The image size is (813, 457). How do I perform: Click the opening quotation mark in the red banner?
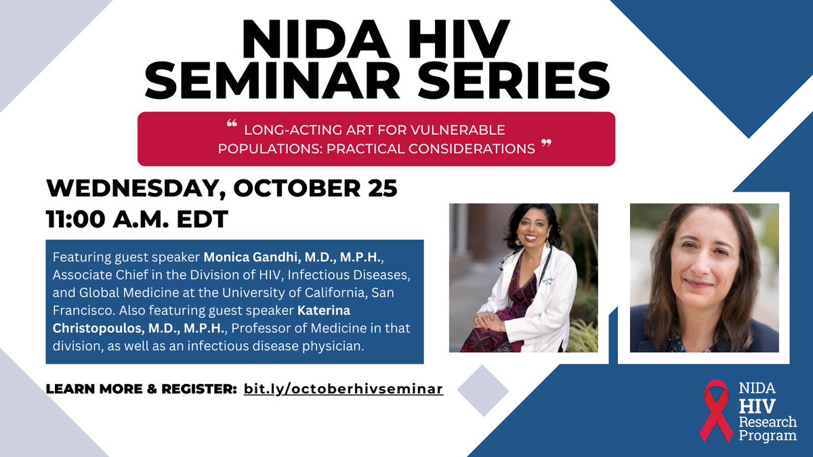click(232, 125)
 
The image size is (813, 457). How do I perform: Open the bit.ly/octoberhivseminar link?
click(343, 389)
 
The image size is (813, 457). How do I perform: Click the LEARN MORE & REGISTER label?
click(141, 390)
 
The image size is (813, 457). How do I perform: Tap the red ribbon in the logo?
click(717, 410)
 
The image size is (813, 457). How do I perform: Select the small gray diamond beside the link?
click(482, 391)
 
